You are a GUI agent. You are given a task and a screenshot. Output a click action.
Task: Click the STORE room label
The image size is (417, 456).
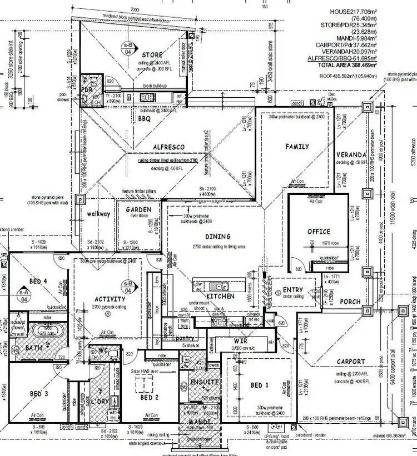point(152,55)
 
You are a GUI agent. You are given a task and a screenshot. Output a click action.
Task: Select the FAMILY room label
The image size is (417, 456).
point(297,147)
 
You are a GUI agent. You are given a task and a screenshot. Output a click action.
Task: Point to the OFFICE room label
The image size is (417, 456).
point(319,231)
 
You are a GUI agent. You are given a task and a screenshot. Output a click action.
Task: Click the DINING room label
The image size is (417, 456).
point(217,237)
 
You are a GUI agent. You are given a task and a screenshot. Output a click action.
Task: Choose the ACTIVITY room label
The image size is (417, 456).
point(110,299)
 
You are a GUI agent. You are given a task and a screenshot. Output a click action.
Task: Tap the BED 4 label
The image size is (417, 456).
point(38,282)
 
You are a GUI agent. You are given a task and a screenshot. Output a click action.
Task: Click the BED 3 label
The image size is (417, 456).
point(38,393)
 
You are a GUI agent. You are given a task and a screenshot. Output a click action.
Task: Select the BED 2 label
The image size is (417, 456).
point(150,398)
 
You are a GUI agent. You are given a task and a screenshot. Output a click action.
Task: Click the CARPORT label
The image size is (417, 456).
point(351,362)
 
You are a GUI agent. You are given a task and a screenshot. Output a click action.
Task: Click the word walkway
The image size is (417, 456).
point(98,213)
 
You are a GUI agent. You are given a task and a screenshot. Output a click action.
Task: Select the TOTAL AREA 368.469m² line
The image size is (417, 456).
point(346,65)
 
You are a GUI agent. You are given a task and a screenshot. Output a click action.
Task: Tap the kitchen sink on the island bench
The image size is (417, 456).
point(221,287)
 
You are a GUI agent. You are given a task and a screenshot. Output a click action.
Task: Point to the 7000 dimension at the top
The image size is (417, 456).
point(135,10)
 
